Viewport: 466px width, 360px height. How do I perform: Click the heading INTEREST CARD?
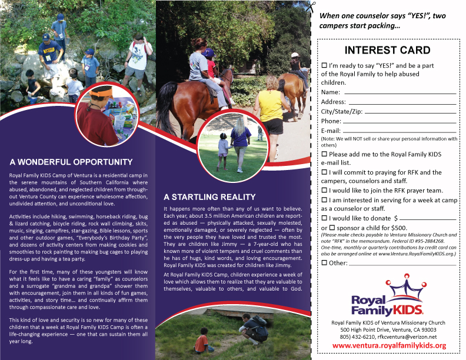[x=387, y=50]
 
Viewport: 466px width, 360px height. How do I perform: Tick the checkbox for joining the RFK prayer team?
[x=324, y=191]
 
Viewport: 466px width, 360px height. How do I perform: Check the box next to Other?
[x=324, y=262]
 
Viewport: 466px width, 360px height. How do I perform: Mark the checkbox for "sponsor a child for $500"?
[x=332, y=227]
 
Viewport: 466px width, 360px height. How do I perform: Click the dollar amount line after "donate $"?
[x=432, y=219]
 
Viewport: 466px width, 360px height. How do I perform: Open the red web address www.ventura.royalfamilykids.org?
[x=389, y=345]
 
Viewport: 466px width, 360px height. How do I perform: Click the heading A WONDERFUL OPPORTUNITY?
[x=71, y=162]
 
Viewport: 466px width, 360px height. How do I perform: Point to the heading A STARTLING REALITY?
[x=209, y=197]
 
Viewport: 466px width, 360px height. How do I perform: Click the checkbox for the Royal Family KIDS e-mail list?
[x=324, y=154]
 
